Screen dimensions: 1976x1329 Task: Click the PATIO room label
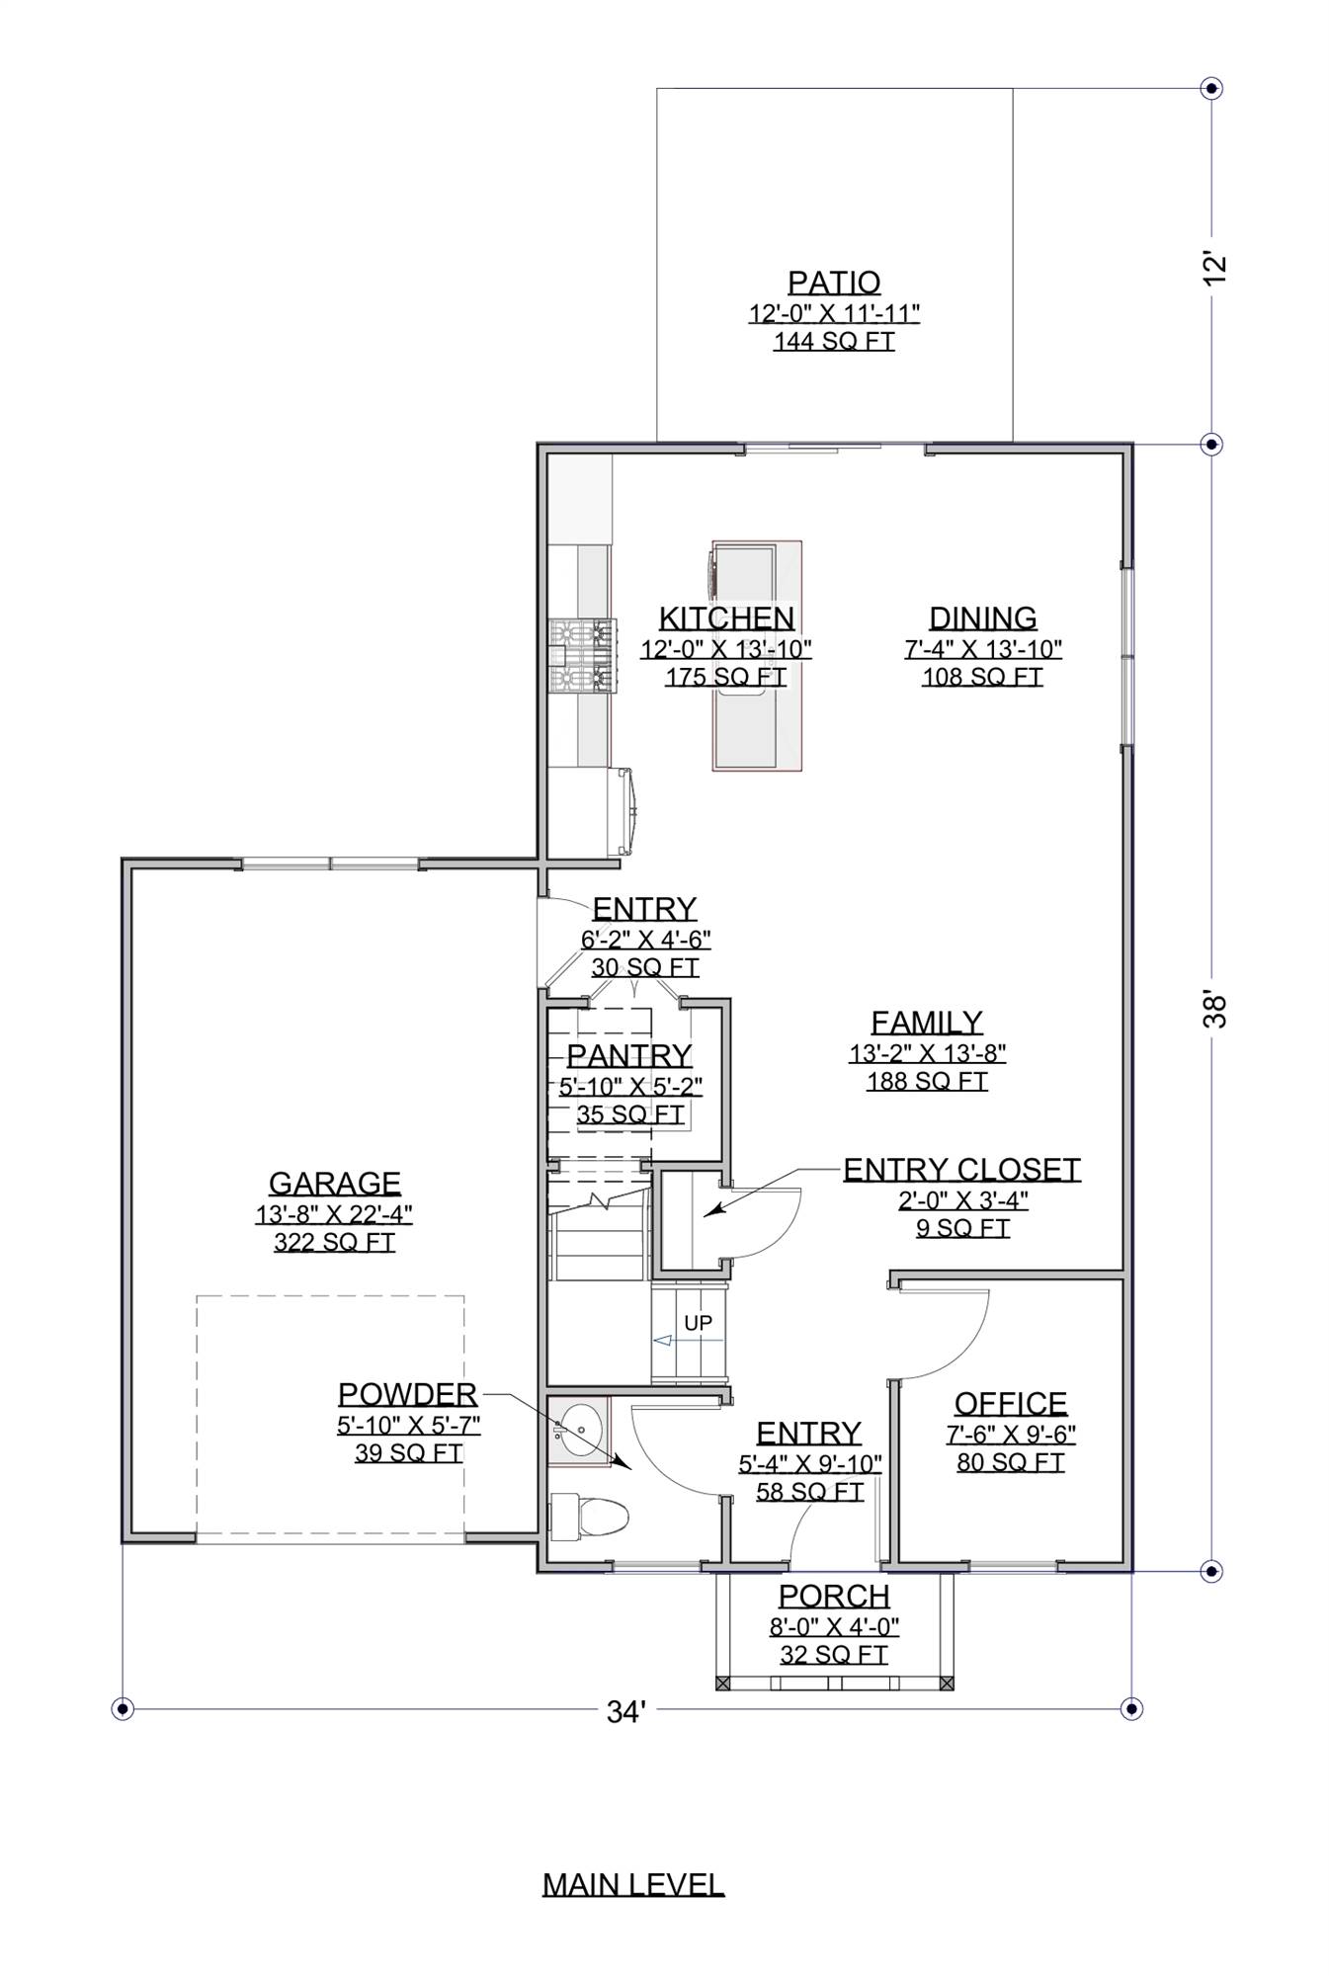pyautogui.click(x=833, y=283)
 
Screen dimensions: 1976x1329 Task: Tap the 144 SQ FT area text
pyautogui.click(x=833, y=342)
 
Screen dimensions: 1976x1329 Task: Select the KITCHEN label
pyautogui.click(x=726, y=618)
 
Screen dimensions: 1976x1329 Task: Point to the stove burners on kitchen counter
pyautogui.click(x=583, y=654)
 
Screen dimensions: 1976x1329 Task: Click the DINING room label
pyautogui.click(x=982, y=618)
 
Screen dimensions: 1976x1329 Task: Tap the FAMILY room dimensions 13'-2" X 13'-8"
pyautogui.click(x=927, y=1053)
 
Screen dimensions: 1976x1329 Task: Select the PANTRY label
pyautogui.click(x=629, y=1056)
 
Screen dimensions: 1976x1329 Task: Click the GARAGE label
pyautogui.click(x=334, y=1183)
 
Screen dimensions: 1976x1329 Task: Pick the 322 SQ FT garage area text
pyautogui.click(x=334, y=1242)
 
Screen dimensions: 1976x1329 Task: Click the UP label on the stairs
pyautogui.click(x=698, y=1323)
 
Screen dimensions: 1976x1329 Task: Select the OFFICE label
pyautogui.click(x=1010, y=1403)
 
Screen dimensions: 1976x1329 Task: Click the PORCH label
pyautogui.click(x=834, y=1596)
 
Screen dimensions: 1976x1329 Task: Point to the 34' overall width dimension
pyautogui.click(x=625, y=1712)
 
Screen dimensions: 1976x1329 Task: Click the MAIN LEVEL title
pyautogui.click(x=632, y=1884)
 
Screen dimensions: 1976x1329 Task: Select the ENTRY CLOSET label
pyautogui.click(x=960, y=1170)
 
